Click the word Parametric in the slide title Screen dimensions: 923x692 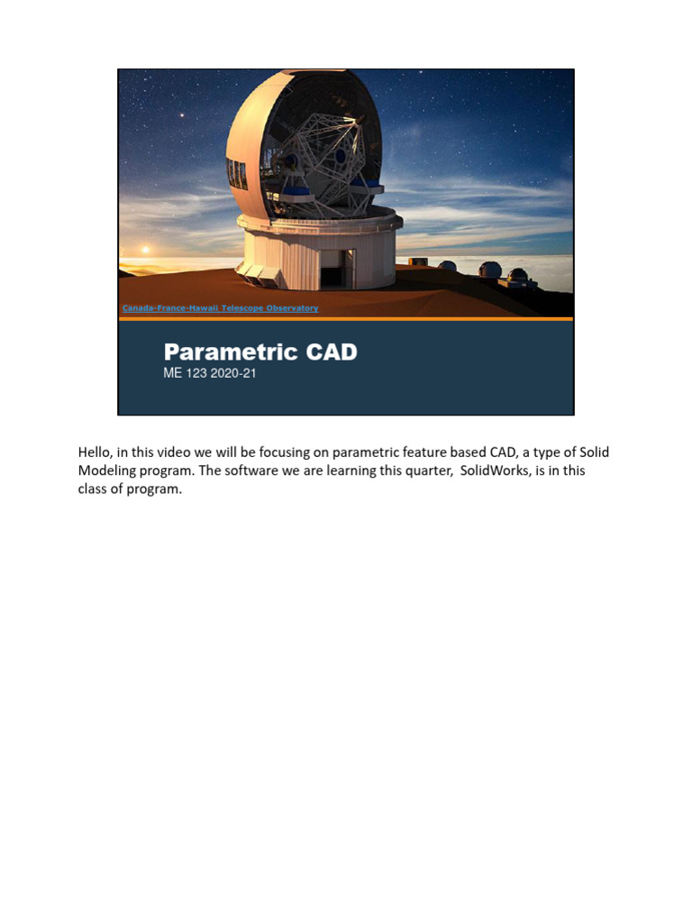click(229, 352)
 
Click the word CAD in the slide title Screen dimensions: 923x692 click(330, 352)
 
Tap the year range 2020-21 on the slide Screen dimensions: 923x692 click(234, 373)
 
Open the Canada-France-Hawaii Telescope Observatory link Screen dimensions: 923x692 click(220, 308)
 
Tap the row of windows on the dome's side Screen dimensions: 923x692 click(237, 173)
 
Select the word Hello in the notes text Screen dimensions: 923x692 click(96, 452)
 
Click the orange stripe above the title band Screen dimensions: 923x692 click(346, 319)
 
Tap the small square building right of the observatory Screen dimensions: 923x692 click(417, 262)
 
